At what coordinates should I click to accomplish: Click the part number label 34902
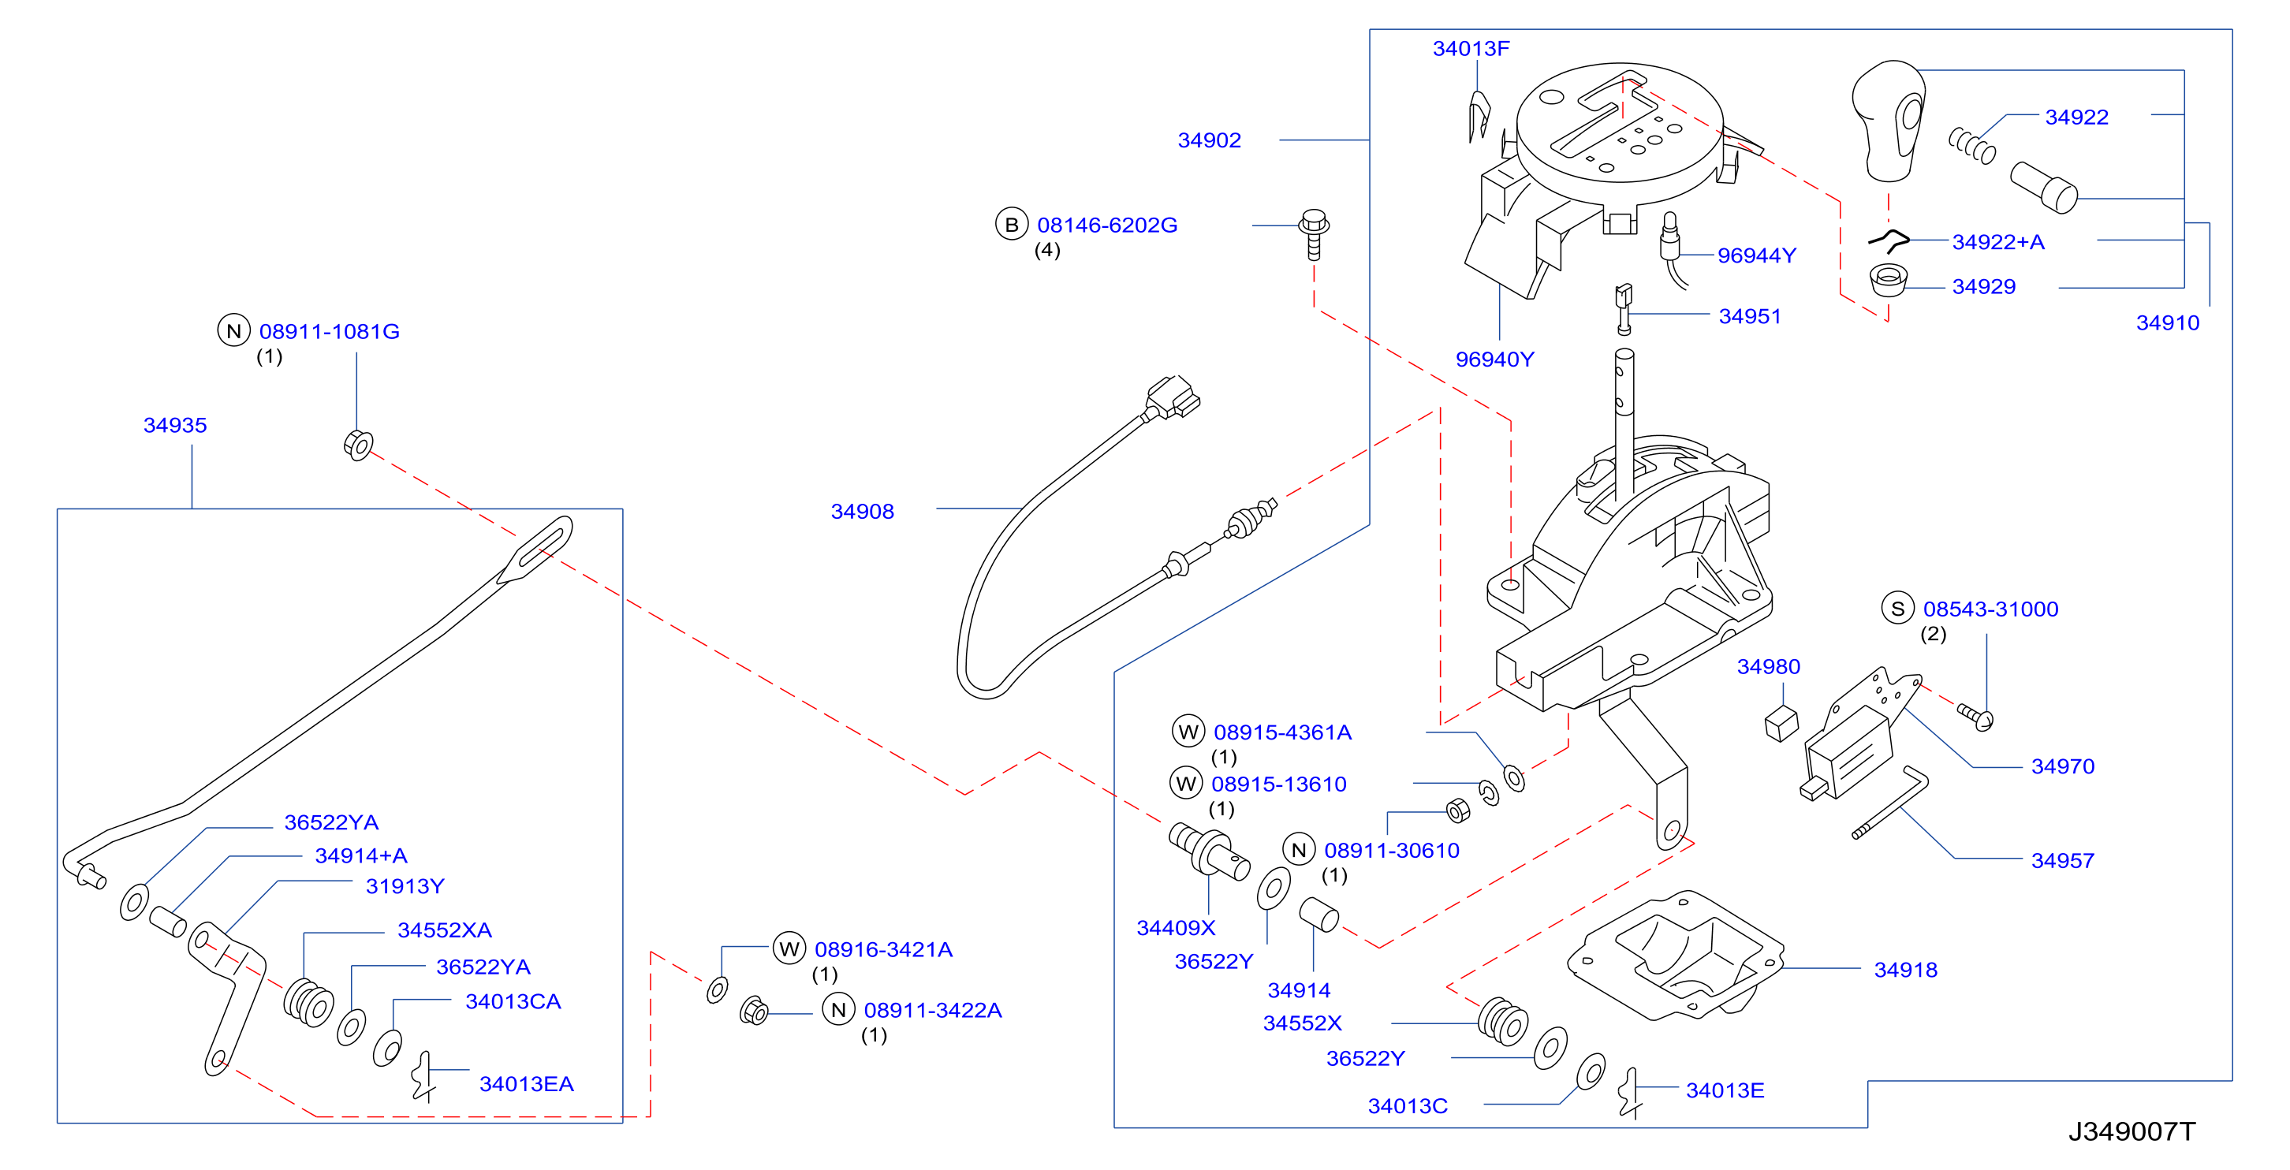pyautogui.click(x=1209, y=140)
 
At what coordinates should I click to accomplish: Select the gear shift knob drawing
pyautogui.click(x=1888, y=120)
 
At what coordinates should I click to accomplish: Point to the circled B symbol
pyautogui.click(x=1012, y=225)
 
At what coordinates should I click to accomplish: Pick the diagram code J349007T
pyautogui.click(x=2131, y=1132)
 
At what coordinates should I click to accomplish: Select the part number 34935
pyautogui.click(x=175, y=425)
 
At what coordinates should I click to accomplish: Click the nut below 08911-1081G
pyautogui.click(x=358, y=445)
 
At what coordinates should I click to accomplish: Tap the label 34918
pyautogui.click(x=1905, y=970)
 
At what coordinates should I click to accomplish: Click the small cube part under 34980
pyautogui.click(x=1781, y=724)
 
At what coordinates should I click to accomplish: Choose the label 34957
pyautogui.click(x=2062, y=861)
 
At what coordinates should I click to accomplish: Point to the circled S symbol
pyautogui.click(x=1898, y=609)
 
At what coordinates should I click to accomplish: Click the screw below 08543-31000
pyautogui.click(x=1975, y=717)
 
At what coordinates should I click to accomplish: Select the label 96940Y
pyautogui.click(x=1494, y=360)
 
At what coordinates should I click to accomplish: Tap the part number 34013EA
pyautogui.click(x=526, y=1084)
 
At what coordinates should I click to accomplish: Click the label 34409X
pyautogui.click(x=1175, y=928)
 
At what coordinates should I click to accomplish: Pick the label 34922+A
pyautogui.click(x=1997, y=242)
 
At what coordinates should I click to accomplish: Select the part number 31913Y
pyautogui.click(x=405, y=886)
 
